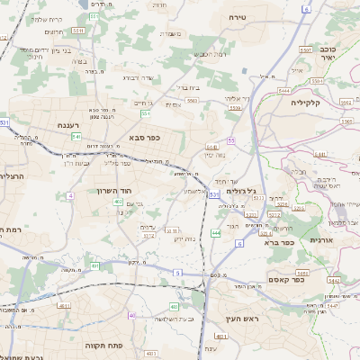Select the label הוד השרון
(115, 191)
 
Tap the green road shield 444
(216, 233)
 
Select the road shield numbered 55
(231, 140)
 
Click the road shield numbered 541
(76, 137)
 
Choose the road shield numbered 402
(118, 202)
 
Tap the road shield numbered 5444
(285, 90)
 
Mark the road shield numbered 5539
(235, 108)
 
